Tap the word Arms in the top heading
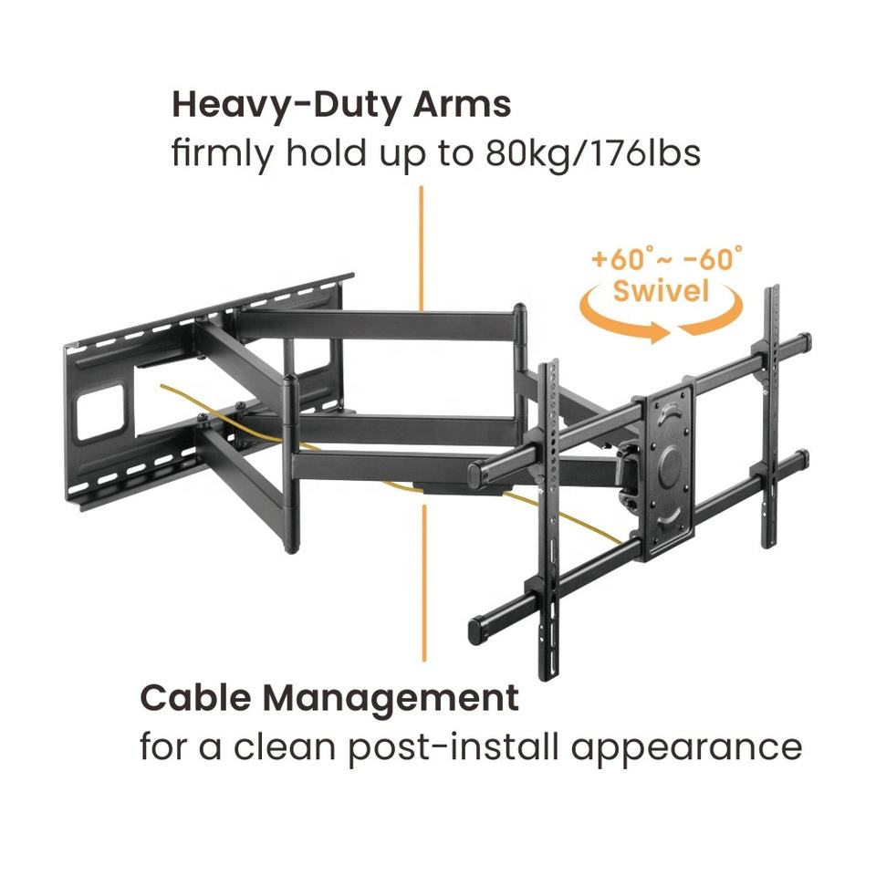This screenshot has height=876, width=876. point(463,104)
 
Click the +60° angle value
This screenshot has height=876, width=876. point(620,259)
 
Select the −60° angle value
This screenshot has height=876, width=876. point(712,259)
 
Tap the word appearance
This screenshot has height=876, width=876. point(688,748)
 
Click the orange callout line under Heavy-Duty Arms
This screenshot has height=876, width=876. point(421,246)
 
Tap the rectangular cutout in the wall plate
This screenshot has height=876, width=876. point(102,407)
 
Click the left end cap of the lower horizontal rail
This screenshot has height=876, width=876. point(475,629)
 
